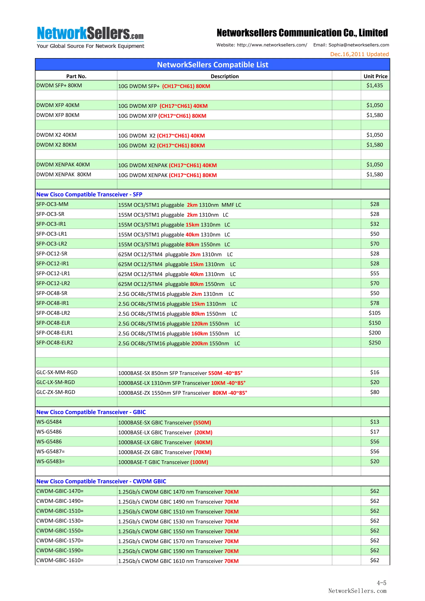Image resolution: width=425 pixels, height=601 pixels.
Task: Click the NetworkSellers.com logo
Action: click(x=90, y=37)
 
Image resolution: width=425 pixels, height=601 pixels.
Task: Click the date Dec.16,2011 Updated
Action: click(x=359, y=54)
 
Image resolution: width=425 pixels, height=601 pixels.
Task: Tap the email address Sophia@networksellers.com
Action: click(x=358, y=45)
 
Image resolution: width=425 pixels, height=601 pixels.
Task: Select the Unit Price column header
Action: click(x=375, y=76)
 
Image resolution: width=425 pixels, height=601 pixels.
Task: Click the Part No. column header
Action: click(x=76, y=76)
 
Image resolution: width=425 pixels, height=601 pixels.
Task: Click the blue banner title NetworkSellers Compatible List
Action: click(x=212, y=65)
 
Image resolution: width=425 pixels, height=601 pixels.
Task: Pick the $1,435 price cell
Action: click(x=374, y=85)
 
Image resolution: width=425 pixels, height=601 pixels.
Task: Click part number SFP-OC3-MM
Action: click(x=52, y=204)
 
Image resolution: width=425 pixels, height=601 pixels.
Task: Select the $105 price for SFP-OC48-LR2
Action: click(x=374, y=313)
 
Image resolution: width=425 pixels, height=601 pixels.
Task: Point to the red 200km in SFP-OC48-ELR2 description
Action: click(x=199, y=343)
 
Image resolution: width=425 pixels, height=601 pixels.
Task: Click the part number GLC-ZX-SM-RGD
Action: click(x=56, y=392)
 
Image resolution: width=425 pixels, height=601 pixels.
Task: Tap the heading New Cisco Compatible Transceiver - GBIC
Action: click(x=91, y=412)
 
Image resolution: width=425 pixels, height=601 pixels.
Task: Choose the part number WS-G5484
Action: click(x=49, y=422)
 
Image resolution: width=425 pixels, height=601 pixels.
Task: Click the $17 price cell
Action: click(x=374, y=432)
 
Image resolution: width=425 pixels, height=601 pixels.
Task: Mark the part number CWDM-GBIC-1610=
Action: click(x=60, y=560)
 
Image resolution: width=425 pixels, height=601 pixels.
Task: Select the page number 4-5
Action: click(x=381, y=583)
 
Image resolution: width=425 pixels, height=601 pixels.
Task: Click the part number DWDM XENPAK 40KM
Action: click(x=63, y=165)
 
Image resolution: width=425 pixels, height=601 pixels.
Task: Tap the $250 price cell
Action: click(x=374, y=343)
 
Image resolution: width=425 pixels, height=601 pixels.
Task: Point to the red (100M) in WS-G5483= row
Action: click(x=199, y=462)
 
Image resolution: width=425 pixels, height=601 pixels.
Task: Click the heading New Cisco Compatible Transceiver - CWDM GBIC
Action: click(x=101, y=481)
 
